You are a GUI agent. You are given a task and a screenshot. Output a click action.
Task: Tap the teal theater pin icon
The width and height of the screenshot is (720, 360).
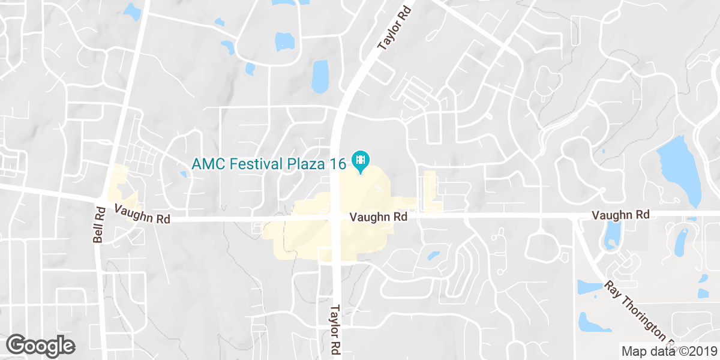click(x=361, y=160)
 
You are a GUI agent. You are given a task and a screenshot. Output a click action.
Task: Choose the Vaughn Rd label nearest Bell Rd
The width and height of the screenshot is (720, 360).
click(x=142, y=214)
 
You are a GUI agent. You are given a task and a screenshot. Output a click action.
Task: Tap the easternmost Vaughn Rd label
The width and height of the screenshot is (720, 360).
click(x=620, y=214)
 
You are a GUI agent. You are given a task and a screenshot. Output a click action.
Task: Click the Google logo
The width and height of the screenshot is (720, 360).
click(x=41, y=346)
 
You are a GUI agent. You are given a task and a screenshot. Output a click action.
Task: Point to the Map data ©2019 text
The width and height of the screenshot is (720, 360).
click(x=668, y=351)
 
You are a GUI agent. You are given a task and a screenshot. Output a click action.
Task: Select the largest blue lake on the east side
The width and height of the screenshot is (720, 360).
click(x=681, y=171)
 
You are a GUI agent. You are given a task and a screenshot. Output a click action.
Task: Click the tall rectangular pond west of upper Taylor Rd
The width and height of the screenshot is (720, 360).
click(x=320, y=76)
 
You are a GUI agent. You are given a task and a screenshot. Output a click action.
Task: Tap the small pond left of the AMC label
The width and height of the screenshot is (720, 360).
click(x=184, y=174)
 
